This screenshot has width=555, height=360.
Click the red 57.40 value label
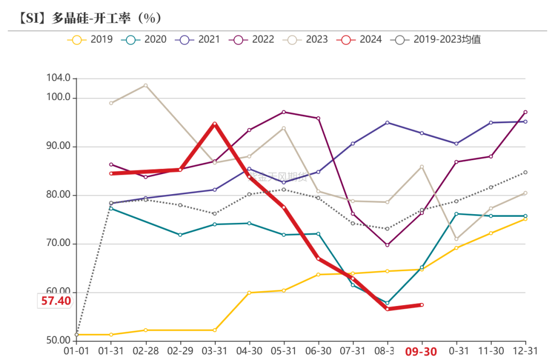55,301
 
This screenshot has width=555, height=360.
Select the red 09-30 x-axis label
421,351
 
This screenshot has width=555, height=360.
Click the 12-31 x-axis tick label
525,351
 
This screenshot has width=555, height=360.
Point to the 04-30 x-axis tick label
249,351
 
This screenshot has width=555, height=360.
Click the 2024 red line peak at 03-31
215,124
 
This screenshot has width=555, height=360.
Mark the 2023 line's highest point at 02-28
145,85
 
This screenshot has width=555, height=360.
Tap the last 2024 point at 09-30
422,305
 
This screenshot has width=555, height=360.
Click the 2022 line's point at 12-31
525,111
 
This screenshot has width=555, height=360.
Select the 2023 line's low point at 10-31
456,239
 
